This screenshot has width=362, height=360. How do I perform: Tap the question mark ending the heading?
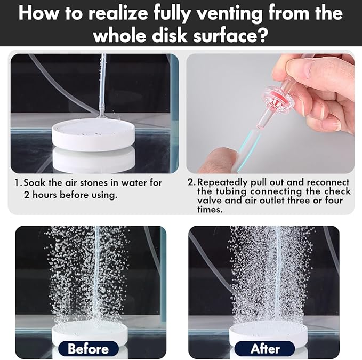(x=263, y=35)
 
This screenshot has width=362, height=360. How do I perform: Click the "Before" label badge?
(x=89, y=348)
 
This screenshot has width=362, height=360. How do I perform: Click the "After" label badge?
(x=264, y=348)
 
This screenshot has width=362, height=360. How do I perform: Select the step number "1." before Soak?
(x=18, y=182)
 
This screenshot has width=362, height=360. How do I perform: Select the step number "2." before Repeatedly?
(x=191, y=182)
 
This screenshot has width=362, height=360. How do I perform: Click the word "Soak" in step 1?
(x=35, y=182)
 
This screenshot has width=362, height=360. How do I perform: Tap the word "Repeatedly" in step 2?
(x=222, y=182)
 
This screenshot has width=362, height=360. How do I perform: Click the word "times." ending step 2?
(x=210, y=209)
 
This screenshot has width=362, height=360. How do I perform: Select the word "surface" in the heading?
(x=225, y=35)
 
